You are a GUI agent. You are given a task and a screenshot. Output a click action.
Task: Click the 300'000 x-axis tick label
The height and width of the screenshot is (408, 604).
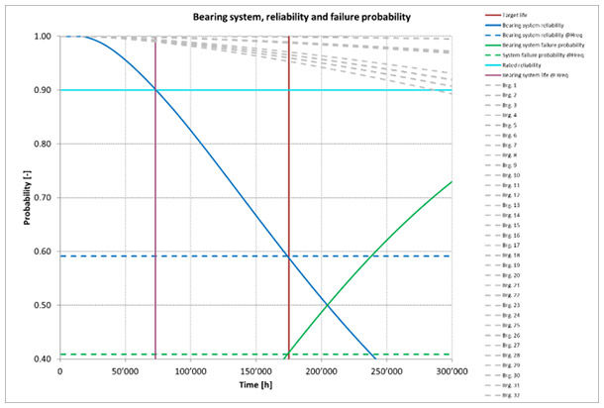click(450, 371)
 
